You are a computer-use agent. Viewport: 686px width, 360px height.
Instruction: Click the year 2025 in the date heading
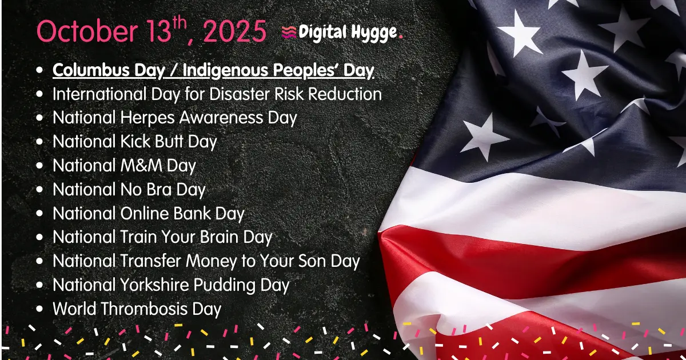coord(234,31)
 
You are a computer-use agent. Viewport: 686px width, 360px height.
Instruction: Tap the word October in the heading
coord(87,31)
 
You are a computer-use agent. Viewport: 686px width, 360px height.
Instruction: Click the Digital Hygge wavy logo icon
coord(289,33)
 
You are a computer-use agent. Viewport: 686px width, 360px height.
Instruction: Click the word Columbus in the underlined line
coord(91,70)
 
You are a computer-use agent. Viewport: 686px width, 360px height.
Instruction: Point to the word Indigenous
coord(225,71)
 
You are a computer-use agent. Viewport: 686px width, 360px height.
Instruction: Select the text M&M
coord(141,165)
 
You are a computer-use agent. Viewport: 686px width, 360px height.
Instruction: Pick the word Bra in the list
coord(159,189)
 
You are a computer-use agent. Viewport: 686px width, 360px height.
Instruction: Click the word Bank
coord(192,213)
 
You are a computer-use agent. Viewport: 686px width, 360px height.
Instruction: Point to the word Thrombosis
coord(144,309)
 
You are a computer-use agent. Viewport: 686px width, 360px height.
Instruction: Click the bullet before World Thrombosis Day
coord(39,309)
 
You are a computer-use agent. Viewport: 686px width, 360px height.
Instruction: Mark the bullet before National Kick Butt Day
coord(39,142)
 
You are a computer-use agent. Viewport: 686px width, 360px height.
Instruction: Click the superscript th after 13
coord(180,22)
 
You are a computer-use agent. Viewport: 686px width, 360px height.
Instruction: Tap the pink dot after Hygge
coord(401,37)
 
